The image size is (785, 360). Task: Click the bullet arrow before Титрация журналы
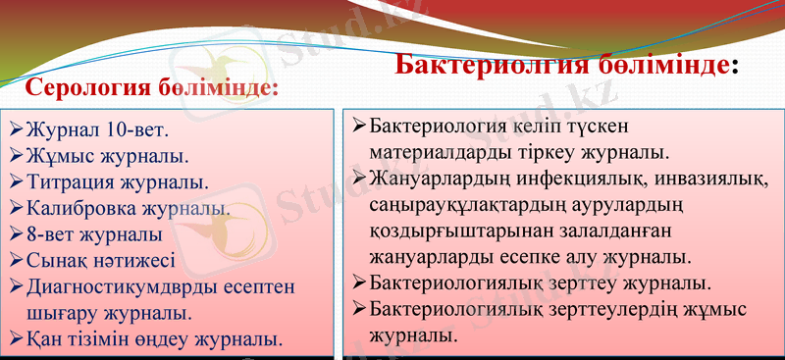pos(16,182)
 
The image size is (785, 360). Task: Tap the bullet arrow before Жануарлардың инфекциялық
pos(359,179)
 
